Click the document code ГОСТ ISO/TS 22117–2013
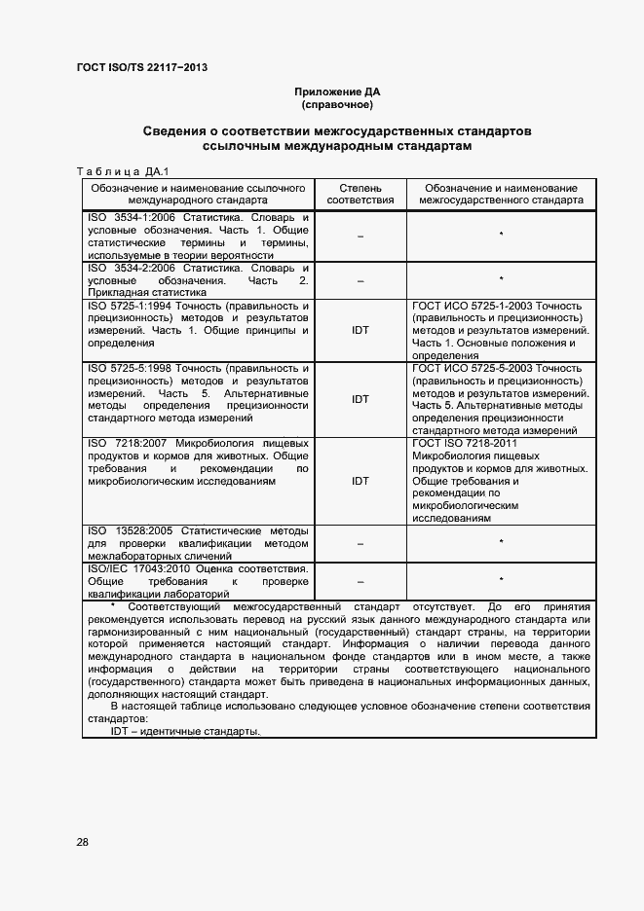[x=141, y=67]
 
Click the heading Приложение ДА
[x=337, y=91]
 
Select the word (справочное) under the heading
[x=337, y=104]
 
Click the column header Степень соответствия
[x=360, y=194]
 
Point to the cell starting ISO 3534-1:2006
[x=199, y=235]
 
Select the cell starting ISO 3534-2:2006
[x=199, y=279]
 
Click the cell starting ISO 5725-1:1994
[x=199, y=324]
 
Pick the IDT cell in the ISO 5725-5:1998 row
[x=360, y=399]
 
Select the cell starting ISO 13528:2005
[x=199, y=542]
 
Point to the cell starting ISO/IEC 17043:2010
[x=199, y=580]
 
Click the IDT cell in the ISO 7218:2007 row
[x=360, y=481]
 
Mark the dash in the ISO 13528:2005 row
[x=360, y=543]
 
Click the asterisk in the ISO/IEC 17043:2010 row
[x=501, y=580]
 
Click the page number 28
[x=83, y=842]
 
